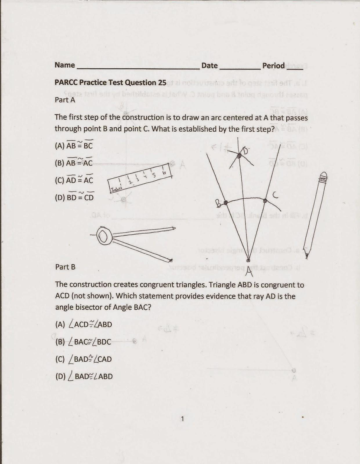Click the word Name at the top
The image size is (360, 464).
65,65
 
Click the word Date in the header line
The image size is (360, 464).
209,66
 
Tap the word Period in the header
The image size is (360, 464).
273,66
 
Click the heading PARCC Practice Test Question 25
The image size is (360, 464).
110,83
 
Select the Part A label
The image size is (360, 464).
65,100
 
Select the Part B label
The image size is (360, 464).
65,267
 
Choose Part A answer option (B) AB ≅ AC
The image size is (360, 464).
74,163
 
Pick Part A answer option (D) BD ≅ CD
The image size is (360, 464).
74,197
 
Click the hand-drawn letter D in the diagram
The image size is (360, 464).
246,151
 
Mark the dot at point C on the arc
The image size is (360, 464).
265,200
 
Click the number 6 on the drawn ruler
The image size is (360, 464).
164,172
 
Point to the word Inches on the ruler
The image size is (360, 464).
115,189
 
